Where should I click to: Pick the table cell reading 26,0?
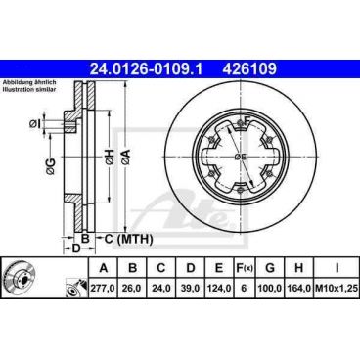132,290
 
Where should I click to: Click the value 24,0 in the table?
165,290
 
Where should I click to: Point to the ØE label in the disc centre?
241,157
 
